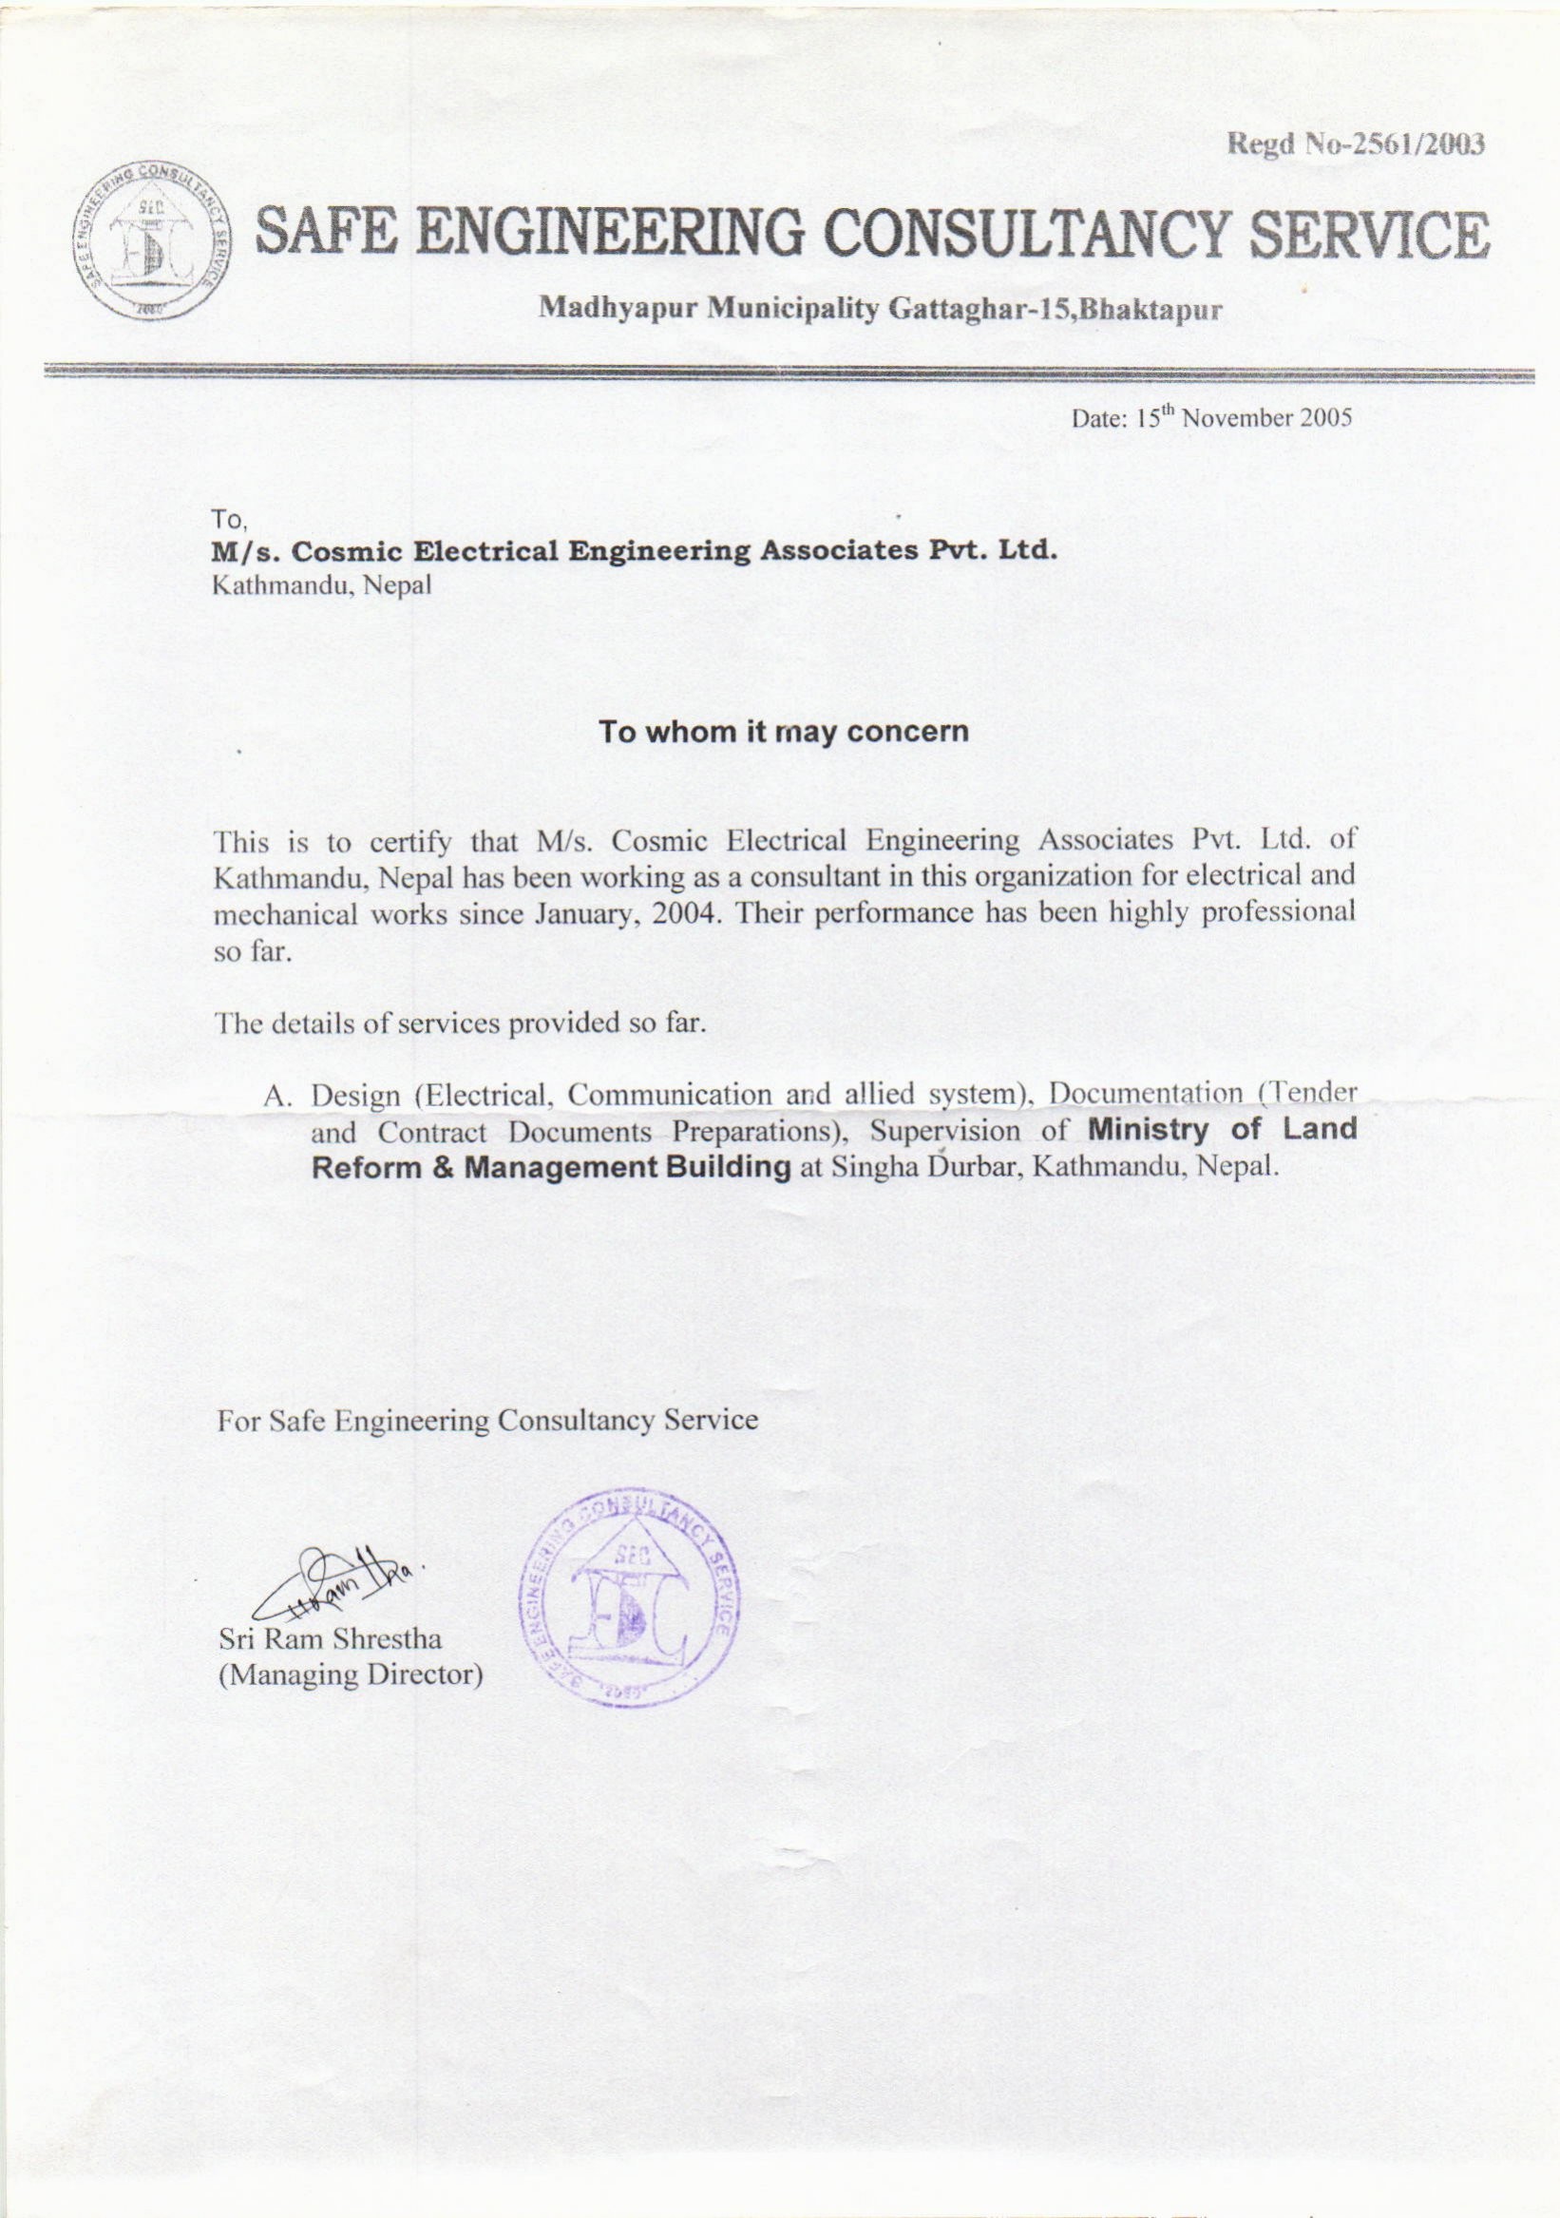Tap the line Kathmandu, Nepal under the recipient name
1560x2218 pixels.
pos(322,584)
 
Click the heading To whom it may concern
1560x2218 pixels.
pos(783,731)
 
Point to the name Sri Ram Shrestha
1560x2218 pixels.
pos(330,1638)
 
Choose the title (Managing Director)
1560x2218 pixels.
pos(350,1674)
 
